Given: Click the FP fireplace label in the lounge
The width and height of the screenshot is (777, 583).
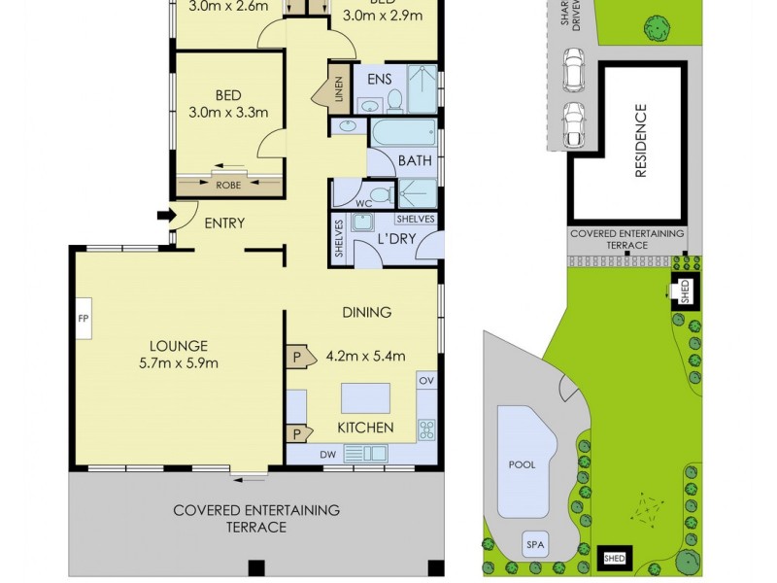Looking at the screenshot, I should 83,318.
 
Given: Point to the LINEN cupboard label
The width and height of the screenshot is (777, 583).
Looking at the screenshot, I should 339,88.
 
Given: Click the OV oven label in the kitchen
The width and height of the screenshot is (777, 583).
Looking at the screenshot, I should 425,381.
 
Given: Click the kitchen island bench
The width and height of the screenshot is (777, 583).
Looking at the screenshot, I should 365,398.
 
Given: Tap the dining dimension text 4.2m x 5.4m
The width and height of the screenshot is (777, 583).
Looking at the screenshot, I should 365,355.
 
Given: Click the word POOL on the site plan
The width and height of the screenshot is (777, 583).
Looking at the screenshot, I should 523,464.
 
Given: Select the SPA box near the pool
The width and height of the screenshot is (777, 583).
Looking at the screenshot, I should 535,545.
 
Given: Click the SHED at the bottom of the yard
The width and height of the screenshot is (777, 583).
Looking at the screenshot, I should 614,558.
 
